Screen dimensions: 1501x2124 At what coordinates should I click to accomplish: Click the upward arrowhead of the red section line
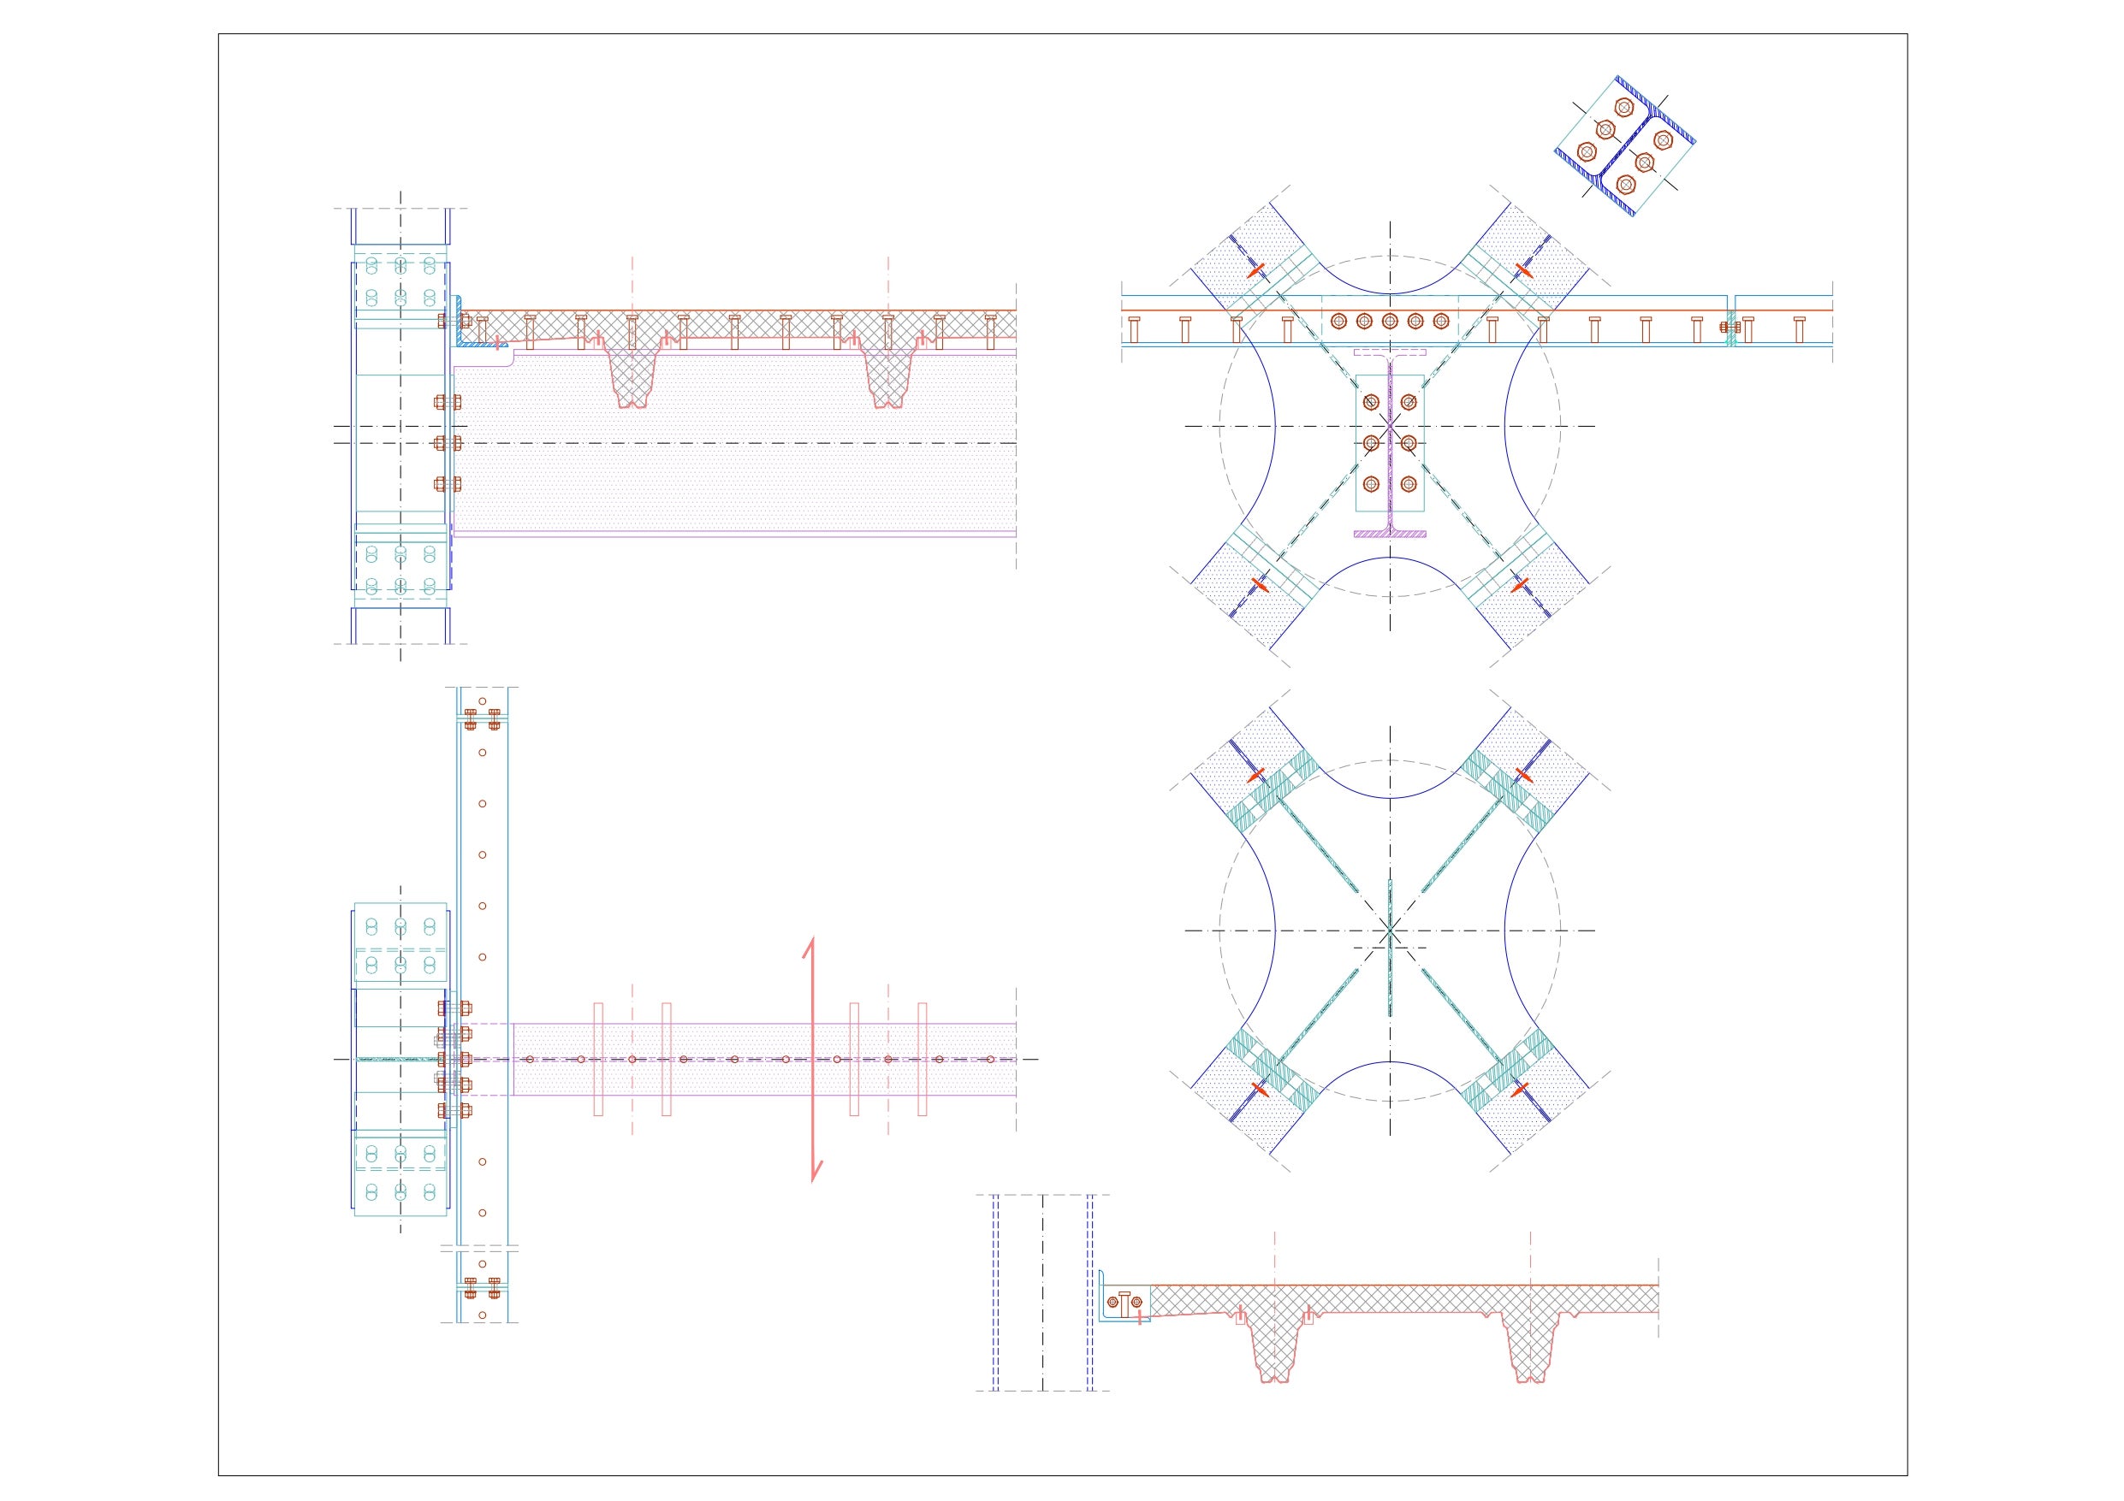click(811, 943)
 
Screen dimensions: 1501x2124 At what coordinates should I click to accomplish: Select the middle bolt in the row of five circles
click(1390, 321)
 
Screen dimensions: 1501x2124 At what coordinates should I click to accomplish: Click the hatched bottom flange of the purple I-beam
click(1390, 534)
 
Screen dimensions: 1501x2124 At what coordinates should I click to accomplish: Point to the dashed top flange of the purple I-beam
click(1390, 352)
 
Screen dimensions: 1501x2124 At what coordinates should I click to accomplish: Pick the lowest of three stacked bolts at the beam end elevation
click(448, 484)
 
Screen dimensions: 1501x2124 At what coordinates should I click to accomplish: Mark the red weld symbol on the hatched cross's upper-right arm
click(1522, 775)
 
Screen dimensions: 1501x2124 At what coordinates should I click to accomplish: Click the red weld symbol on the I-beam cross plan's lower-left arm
click(1256, 584)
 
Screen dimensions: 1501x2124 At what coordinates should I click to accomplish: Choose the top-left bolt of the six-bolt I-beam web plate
click(1370, 402)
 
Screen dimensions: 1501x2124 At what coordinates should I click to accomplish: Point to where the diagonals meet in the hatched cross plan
click(1390, 931)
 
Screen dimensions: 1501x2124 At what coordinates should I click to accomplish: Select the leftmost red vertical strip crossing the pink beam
click(597, 1059)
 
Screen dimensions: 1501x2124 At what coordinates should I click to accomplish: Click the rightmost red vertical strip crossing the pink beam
click(923, 1059)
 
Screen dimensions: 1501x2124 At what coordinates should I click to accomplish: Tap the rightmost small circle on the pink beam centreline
click(990, 1059)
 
